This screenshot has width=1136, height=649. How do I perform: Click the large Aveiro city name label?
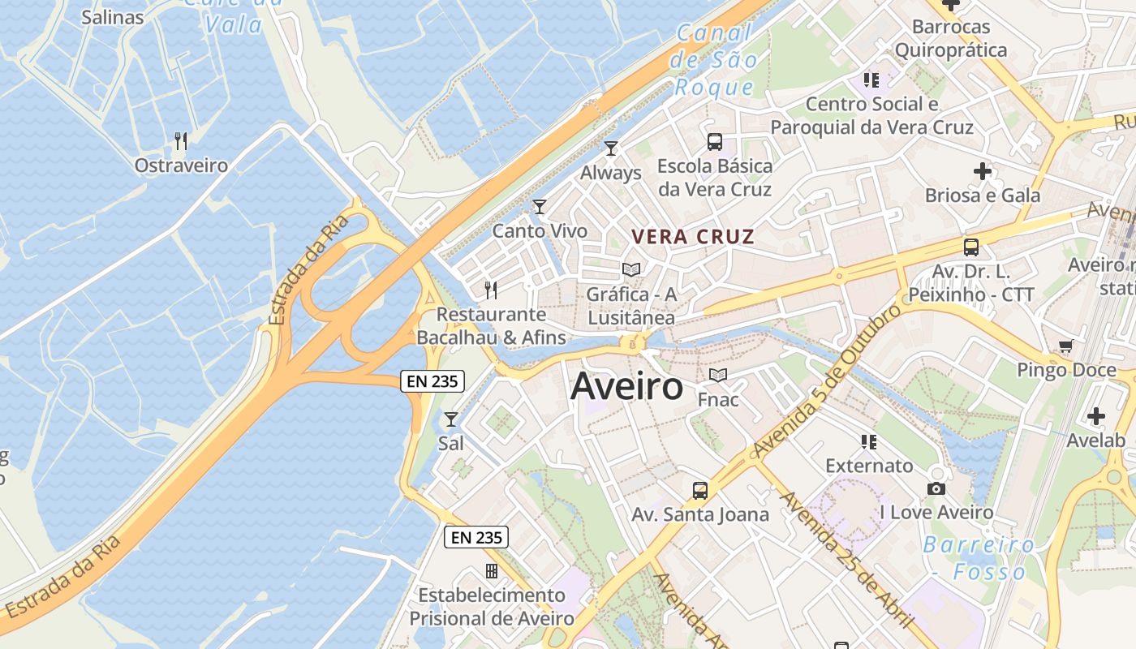pyautogui.click(x=626, y=386)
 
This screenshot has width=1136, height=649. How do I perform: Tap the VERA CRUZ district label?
pyautogui.click(x=693, y=237)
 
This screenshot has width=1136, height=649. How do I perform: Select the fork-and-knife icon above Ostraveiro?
pyautogui.click(x=181, y=141)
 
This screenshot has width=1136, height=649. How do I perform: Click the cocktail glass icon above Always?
pyautogui.click(x=611, y=148)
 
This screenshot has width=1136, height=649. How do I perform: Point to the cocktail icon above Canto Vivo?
pyautogui.click(x=540, y=207)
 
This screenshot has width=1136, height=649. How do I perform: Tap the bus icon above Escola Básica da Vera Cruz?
pyautogui.click(x=715, y=142)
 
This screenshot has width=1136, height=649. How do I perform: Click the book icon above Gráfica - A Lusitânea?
pyautogui.click(x=631, y=269)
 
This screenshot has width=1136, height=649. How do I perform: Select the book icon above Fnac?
pyautogui.click(x=718, y=375)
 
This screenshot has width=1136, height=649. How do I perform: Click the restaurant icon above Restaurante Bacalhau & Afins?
pyautogui.click(x=491, y=290)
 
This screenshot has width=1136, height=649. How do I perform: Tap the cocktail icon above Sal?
pyautogui.click(x=451, y=419)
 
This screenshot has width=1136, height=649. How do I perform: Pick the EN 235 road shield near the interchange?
pyautogui.click(x=432, y=381)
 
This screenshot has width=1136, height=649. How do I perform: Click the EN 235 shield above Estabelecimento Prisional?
pyautogui.click(x=476, y=536)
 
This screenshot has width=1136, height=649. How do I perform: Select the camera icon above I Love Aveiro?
pyautogui.click(x=936, y=488)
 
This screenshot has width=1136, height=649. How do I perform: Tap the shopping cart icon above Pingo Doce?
pyautogui.click(x=1066, y=346)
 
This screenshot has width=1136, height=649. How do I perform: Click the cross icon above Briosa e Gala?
pyautogui.click(x=983, y=171)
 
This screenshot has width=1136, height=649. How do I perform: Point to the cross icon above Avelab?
pyautogui.click(x=1096, y=417)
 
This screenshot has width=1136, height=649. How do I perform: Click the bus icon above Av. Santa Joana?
pyautogui.click(x=700, y=490)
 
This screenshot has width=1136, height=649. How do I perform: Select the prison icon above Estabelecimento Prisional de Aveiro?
pyautogui.click(x=491, y=571)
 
